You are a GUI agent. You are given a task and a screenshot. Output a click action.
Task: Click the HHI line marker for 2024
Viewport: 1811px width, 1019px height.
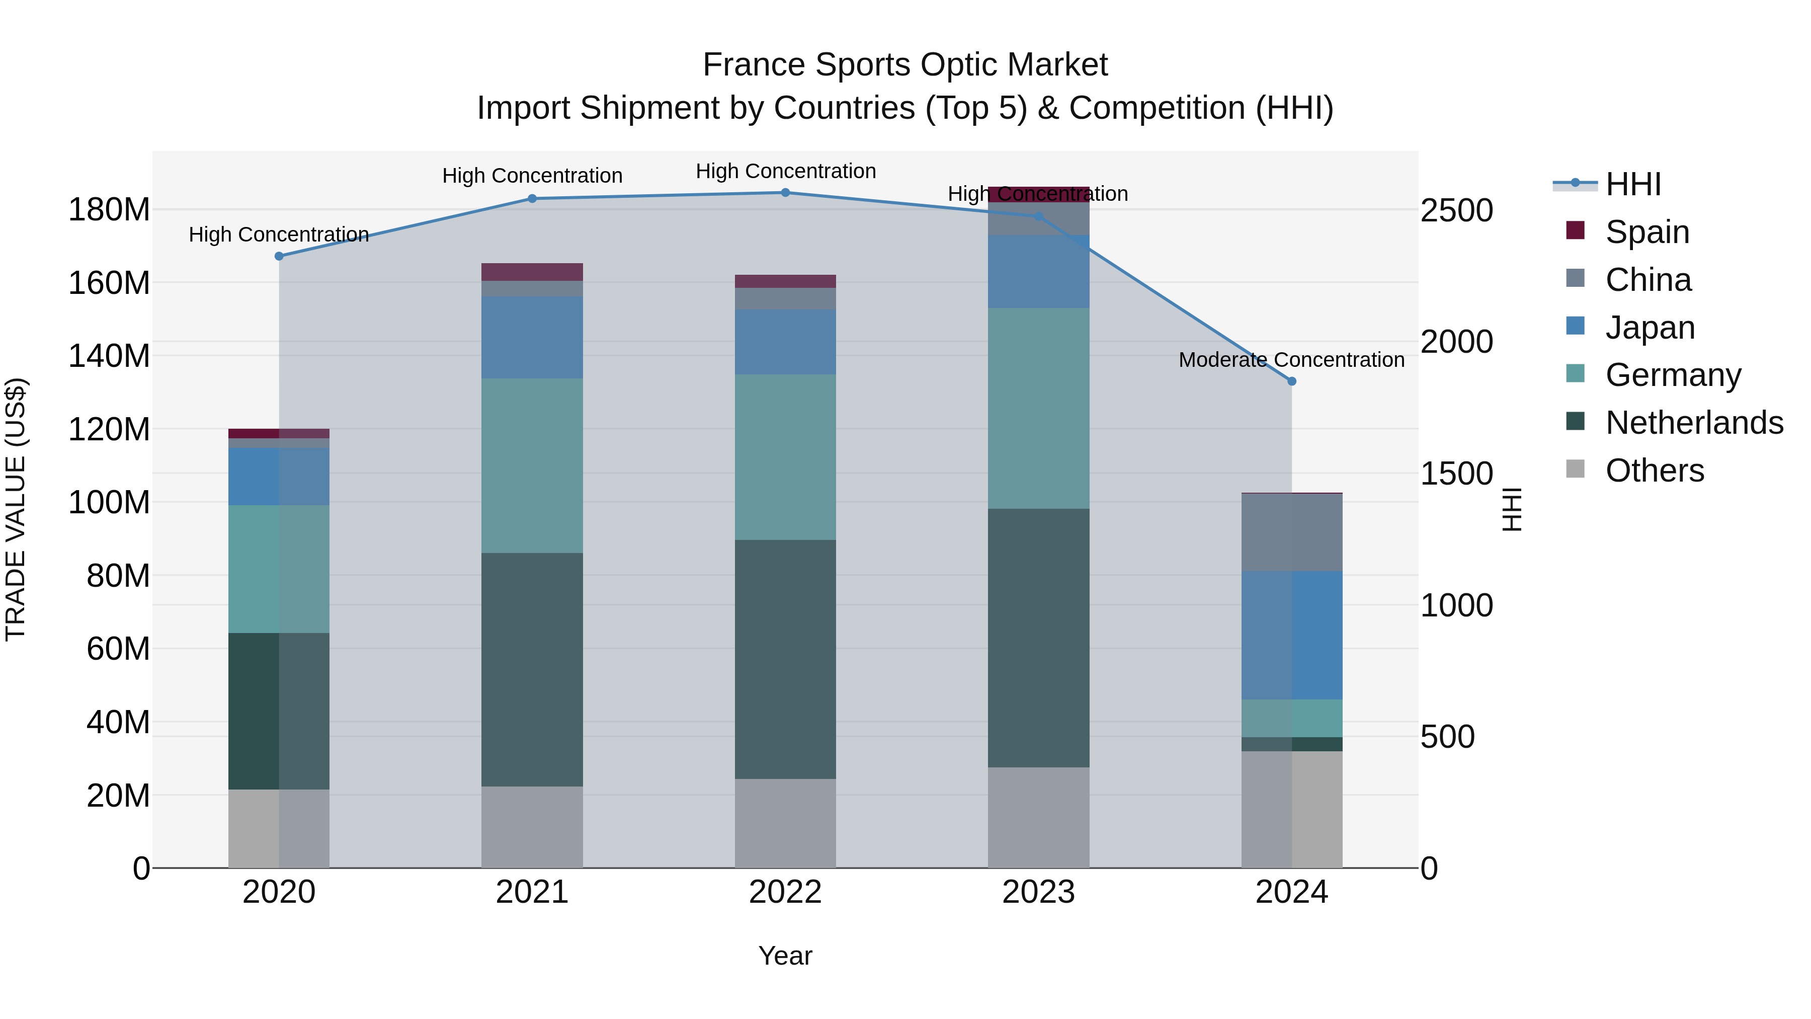click(x=1291, y=381)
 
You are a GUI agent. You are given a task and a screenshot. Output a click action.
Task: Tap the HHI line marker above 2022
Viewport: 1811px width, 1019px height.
click(x=785, y=193)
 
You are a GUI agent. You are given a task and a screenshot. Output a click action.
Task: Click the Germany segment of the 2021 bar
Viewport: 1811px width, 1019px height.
click(x=532, y=465)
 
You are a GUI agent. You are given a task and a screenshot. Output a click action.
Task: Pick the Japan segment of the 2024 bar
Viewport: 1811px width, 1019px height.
click(x=1291, y=635)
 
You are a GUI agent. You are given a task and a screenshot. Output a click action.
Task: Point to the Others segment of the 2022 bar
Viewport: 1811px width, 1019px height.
click(x=785, y=823)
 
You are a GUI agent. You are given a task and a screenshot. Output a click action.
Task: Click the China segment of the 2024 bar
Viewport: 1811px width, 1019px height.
click(x=1291, y=532)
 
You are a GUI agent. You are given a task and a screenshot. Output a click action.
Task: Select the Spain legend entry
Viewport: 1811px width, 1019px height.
click(x=1647, y=231)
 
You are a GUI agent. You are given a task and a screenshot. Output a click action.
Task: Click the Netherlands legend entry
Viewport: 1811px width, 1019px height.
click(x=1694, y=423)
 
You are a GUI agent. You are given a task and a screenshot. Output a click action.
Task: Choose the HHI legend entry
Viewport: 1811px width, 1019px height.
click(x=1632, y=184)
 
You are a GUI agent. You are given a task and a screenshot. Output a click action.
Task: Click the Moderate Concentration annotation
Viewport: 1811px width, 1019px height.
click(x=1291, y=359)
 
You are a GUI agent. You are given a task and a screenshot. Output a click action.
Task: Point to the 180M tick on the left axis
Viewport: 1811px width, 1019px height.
click(x=109, y=209)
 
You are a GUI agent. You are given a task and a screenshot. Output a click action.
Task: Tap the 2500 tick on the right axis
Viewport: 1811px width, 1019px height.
click(x=1457, y=210)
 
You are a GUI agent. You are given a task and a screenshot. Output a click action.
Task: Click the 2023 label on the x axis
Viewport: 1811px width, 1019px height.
click(x=1038, y=892)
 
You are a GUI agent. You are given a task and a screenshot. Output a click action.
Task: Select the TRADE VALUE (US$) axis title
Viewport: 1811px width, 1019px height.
click(x=16, y=509)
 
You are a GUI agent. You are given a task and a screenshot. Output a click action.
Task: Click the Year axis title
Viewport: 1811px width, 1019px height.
click(x=785, y=956)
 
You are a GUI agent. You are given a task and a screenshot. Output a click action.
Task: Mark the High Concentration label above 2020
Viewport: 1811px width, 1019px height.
click(x=279, y=234)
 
